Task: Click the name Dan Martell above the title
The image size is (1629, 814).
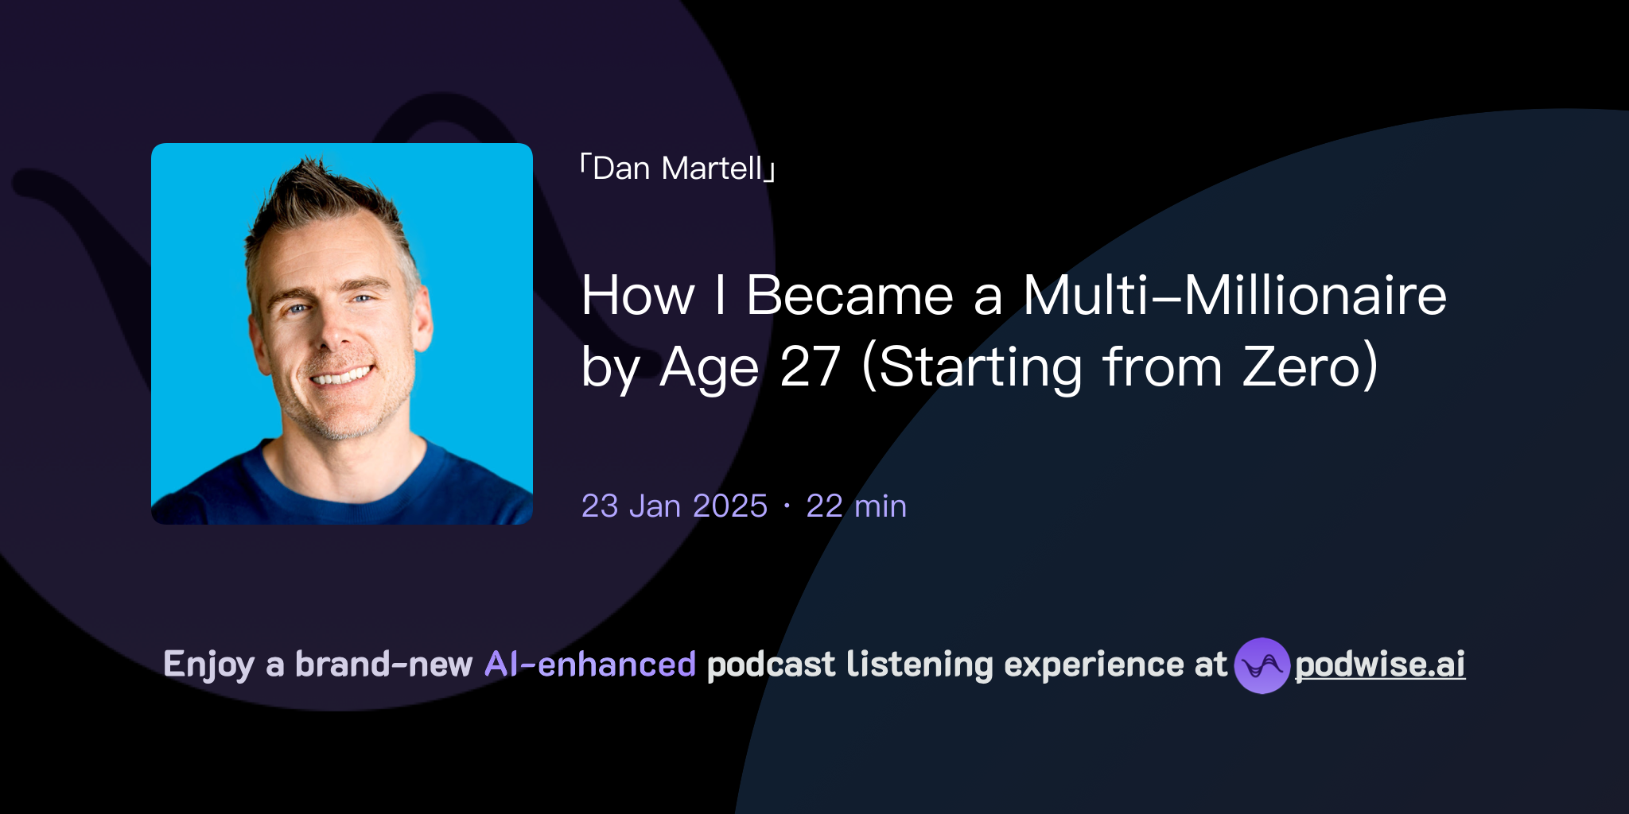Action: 678,169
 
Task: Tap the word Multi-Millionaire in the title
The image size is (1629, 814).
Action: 1234,296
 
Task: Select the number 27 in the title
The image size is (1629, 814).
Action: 810,367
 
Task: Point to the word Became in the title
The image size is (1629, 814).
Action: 849,296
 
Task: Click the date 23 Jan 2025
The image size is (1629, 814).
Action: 674,506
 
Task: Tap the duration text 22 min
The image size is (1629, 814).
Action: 856,506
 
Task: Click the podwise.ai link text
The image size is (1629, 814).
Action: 1380,665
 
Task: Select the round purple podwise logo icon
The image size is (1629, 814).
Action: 1262,665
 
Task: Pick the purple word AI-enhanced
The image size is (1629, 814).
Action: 590,665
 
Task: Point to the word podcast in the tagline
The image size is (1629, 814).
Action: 771,665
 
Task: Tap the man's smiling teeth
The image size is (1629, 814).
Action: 342,375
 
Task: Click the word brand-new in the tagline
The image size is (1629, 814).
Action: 383,665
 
